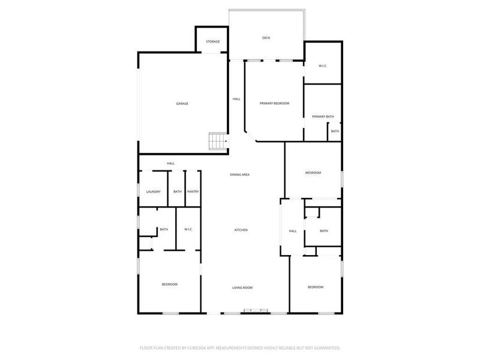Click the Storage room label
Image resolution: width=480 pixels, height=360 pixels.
[212, 41]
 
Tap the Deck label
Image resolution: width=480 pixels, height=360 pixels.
[266, 38]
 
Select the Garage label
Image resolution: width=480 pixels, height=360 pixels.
[182, 104]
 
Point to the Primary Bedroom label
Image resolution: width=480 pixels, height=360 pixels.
[274, 104]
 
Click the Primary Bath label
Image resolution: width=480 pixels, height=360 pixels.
[322, 116]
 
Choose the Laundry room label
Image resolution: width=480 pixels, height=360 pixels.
[153, 191]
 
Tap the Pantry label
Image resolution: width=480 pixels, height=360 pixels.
[193, 191]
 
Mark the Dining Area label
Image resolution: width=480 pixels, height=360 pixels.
[239, 175]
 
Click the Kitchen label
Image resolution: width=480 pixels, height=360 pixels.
[241, 230]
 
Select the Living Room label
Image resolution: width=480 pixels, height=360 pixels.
[242, 288]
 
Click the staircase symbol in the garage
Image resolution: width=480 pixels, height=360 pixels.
[217, 142]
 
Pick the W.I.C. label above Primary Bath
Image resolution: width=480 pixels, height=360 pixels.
[322, 66]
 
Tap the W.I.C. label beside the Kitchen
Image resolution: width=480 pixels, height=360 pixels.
[188, 229]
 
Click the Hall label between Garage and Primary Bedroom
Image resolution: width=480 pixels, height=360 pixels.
[236, 99]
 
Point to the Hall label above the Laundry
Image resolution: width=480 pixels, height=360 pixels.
[171, 163]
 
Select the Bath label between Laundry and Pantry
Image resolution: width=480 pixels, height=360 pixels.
[177, 191]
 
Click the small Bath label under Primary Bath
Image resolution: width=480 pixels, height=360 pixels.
[335, 131]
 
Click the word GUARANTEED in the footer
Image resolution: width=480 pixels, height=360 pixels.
[325, 348]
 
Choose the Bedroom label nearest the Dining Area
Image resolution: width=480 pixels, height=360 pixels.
[313, 173]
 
